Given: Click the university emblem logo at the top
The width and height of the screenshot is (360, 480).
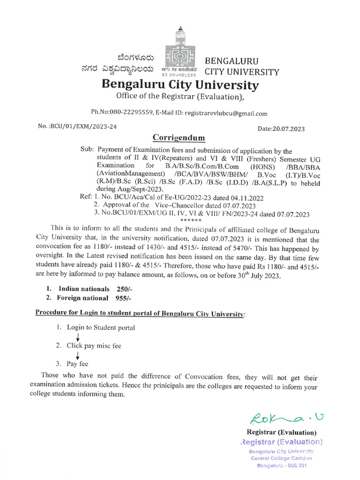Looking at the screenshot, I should tap(180, 51).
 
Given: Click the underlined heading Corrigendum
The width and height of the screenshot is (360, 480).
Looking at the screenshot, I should tap(179, 138).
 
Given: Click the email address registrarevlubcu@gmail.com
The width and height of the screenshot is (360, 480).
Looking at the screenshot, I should tap(226, 113).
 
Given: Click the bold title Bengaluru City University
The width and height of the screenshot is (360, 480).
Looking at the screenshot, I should tap(180, 85).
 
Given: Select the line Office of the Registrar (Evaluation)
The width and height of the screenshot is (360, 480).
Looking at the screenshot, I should tap(180, 97).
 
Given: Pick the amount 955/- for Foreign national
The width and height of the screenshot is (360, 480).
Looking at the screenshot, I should tap(125, 298).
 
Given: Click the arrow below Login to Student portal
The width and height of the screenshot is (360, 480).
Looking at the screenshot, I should tap(77, 337).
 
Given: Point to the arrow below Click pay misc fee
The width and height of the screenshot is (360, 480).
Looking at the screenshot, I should tap(77, 355).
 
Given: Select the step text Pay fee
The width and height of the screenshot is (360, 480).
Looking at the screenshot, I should tap(77, 363).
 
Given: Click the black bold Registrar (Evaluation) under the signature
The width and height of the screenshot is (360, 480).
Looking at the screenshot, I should tap(281, 432).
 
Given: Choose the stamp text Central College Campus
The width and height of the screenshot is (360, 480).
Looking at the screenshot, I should tap(281, 458).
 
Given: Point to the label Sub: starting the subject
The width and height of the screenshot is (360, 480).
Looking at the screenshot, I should tap(87, 151).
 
